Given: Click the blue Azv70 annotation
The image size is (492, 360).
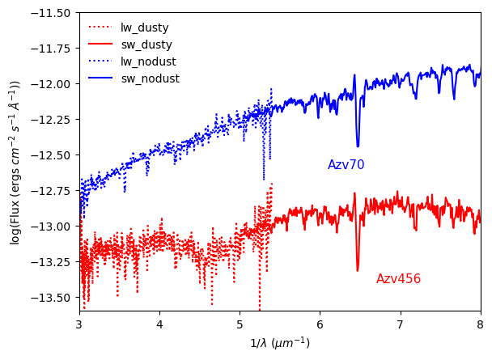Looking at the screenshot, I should [x=346, y=165].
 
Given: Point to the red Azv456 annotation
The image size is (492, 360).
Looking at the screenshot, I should [x=398, y=279].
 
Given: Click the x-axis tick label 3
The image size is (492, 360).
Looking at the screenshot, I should [x=79, y=324].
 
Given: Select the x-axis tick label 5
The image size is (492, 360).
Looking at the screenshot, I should [x=240, y=324].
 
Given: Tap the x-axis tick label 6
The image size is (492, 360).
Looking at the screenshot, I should [x=320, y=324].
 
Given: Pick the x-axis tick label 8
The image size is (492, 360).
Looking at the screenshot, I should [x=480, y=324].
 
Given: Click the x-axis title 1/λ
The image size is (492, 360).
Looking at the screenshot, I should [x=279, y=343].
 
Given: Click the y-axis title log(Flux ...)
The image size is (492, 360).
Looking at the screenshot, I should [x=15, y=162].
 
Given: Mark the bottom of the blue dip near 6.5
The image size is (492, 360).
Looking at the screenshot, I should [x=358, y=146].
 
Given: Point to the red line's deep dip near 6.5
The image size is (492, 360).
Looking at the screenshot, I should [x=358, y=270].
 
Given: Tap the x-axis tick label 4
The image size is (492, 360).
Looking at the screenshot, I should [x=159, y=324].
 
